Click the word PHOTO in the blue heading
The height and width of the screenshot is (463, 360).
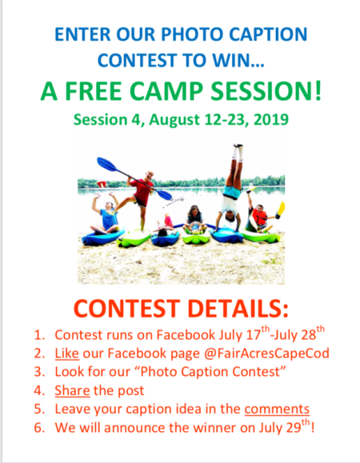click(193, 34)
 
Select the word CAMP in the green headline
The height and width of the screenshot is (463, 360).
click(166, 91)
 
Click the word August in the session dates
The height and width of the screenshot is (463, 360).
click(174, 120)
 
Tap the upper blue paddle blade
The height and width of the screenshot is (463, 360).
click(107, 164)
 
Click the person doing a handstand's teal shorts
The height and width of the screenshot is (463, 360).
click(232, 191)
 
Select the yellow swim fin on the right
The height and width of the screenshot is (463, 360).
click(281, 208)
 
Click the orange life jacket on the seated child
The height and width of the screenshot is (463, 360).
click(259, 217)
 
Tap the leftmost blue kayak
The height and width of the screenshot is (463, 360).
click(102, 237)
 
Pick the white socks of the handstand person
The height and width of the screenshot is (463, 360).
click(238, 153)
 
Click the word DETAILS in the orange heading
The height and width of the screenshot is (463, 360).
click(238, 309)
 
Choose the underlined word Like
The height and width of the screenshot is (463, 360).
click(66, 353)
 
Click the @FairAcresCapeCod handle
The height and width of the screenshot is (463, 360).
click(266, 353)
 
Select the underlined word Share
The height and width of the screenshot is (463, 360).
click(72, 390)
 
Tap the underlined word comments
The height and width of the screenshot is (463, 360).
click(277, 409)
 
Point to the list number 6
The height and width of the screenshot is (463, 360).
click(39, 428)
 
